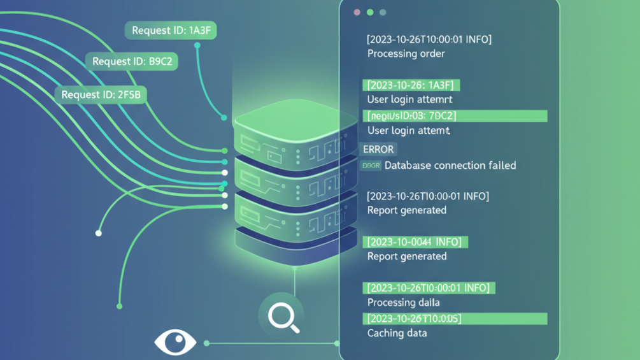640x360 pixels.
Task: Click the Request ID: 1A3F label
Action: coord(171,31)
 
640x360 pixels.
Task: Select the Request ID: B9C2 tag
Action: coord(132,62)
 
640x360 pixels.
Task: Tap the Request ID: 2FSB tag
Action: coord(101,95)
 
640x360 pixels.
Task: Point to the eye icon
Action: coord(175,342)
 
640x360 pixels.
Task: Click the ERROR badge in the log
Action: coord(378,149)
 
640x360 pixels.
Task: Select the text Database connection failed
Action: coord(450,166)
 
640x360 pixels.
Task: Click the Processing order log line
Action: coord(406,54)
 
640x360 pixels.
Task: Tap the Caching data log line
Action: coord(397,333)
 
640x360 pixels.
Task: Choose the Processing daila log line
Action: coord(403,303)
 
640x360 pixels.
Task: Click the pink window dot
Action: coord(357,12)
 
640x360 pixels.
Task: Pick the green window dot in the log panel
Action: coord(369,12)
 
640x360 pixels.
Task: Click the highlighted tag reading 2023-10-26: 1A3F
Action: coord(411,85)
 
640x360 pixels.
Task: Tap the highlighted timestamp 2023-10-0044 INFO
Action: coord(415,242)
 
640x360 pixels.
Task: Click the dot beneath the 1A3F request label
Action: coord(197,46)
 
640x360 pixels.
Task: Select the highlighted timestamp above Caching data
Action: coord(455,319)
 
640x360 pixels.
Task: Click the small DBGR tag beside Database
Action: coord(370,166)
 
